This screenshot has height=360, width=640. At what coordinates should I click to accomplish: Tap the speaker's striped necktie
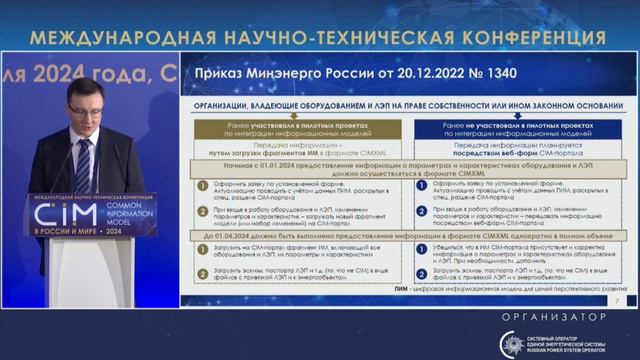point(83,160)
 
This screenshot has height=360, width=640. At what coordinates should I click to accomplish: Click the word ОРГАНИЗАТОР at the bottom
point(549,316)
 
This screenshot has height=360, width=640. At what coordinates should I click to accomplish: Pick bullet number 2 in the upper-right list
point(423,211)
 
